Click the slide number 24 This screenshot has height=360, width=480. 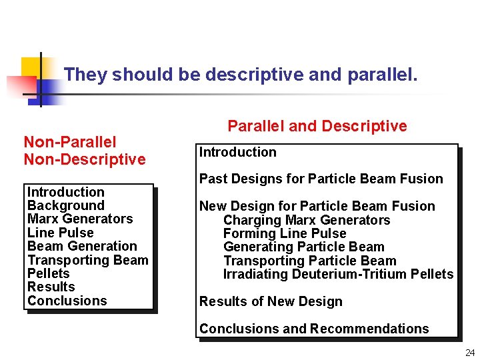tap(470, 353)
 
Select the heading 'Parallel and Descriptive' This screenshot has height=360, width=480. tap(317, 126)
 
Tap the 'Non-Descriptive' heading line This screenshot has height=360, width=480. tap(84, 159)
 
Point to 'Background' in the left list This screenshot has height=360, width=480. tap(66, 205)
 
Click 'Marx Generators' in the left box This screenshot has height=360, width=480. tap(80, 219)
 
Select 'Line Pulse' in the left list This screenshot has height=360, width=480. tap(61, 233)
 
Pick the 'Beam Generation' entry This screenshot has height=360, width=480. tap(82, 246)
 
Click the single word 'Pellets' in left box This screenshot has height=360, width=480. tap(49, 273)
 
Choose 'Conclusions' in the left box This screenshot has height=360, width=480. tap(67, 301)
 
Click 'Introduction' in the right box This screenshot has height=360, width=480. tap(238, 152)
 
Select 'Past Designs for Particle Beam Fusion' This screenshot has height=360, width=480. tap(321, 179)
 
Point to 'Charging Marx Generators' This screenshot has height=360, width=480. tap(307, 220)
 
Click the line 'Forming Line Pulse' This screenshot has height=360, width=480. tap(285, 233)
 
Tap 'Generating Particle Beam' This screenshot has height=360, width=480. tap(304, 247)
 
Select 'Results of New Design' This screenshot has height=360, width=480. tap(271, 301)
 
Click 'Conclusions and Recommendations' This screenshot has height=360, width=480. tap(314, 329)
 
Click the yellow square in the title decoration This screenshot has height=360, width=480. tap(31, 67)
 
